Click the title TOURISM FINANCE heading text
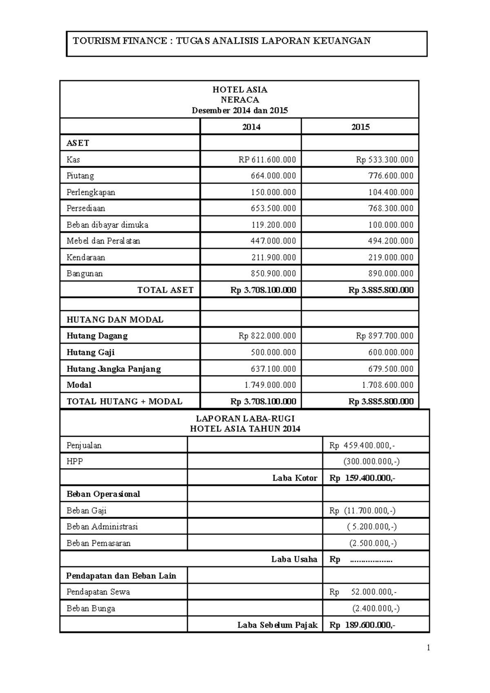222,41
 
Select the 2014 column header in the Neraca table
251,127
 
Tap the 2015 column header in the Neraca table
360,127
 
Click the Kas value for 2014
267,160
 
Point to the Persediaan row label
86,209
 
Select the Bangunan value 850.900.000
273,274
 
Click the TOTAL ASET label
165,290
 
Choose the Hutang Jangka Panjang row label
114,369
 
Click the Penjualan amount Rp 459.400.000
362,445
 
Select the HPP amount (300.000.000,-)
372,462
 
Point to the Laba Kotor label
295,478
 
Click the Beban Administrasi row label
102,526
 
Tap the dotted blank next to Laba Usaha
371,560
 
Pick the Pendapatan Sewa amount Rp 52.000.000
363,592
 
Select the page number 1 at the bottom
428,648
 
